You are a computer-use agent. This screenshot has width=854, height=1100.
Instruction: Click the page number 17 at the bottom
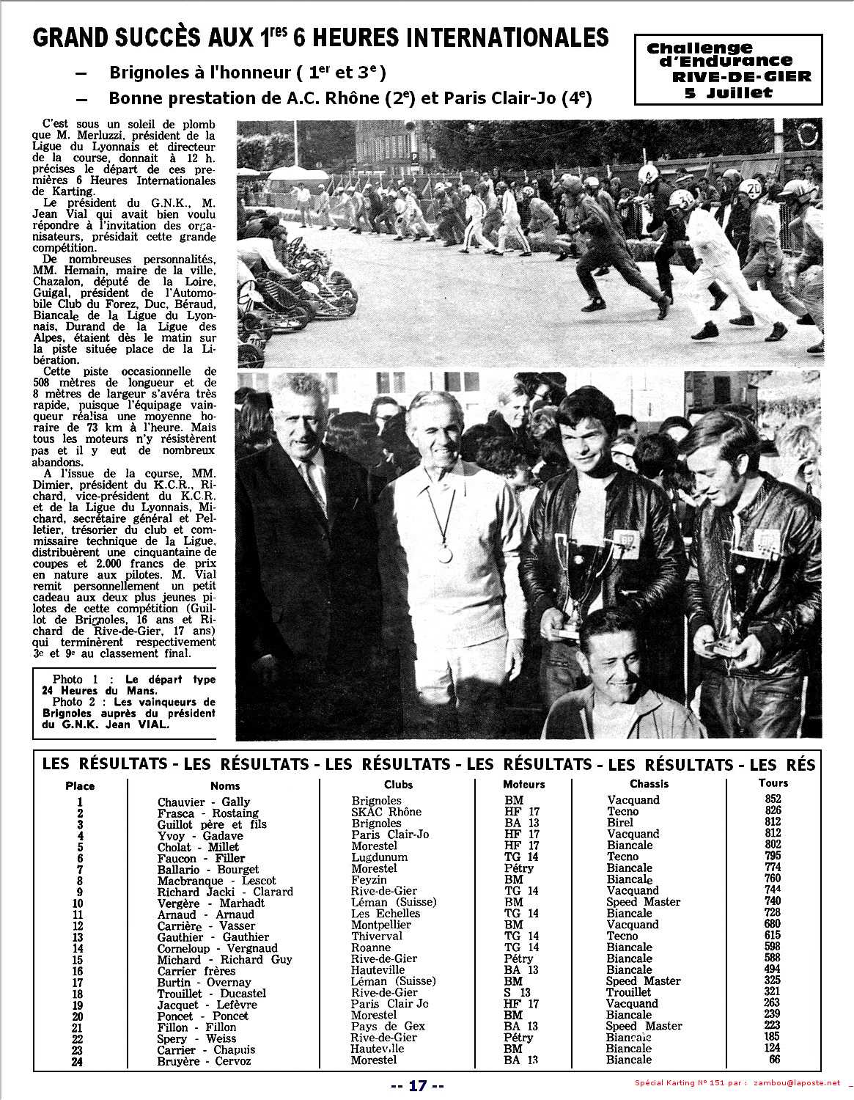[417, 1085]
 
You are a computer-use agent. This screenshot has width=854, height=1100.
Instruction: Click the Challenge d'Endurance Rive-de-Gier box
[729, 70]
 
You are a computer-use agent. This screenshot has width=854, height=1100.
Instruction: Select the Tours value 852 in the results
[773, 799]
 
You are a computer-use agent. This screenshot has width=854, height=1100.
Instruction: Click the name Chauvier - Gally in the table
[204, 802]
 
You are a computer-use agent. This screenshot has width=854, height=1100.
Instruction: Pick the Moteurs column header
[524, 784]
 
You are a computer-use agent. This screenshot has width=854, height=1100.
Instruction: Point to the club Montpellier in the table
[381, 925]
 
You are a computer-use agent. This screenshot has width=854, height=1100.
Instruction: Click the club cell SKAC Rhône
[386, 812]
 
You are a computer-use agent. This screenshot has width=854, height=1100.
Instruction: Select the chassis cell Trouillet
[629, 992]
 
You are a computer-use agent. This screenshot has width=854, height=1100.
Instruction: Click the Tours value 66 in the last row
[774, 1060]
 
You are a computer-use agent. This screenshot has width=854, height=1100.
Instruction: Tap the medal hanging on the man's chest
[446, 554]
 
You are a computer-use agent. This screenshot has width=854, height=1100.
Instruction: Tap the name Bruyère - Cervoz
[204, 1061]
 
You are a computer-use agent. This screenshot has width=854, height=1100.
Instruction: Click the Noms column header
[224, 785]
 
